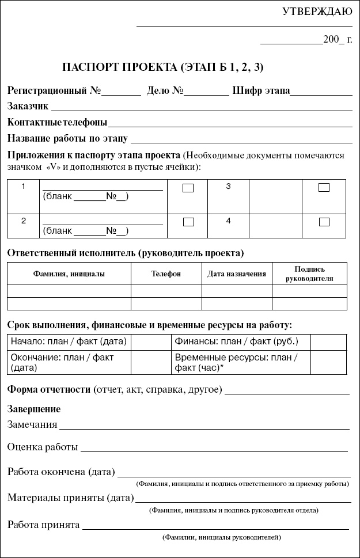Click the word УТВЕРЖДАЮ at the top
coord(317,12)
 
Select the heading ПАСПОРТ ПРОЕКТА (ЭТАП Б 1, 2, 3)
coord(162,67)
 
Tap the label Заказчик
coord(28,106)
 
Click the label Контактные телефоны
coord(57,122)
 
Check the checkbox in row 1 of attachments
coord(188,188)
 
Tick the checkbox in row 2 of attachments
coord(188,222)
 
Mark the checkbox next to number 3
coord(324,187)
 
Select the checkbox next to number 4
coord(324,222)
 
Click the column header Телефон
coord(166,274)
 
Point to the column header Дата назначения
coord(237,274)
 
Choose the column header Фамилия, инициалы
coord(69,274)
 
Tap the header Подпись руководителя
coord(309,274)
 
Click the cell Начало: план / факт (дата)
coord(69,341)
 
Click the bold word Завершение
coord(34,409)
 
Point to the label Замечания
coord(32,425)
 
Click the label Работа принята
coord(44,525)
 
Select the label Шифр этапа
coord(261,90)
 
